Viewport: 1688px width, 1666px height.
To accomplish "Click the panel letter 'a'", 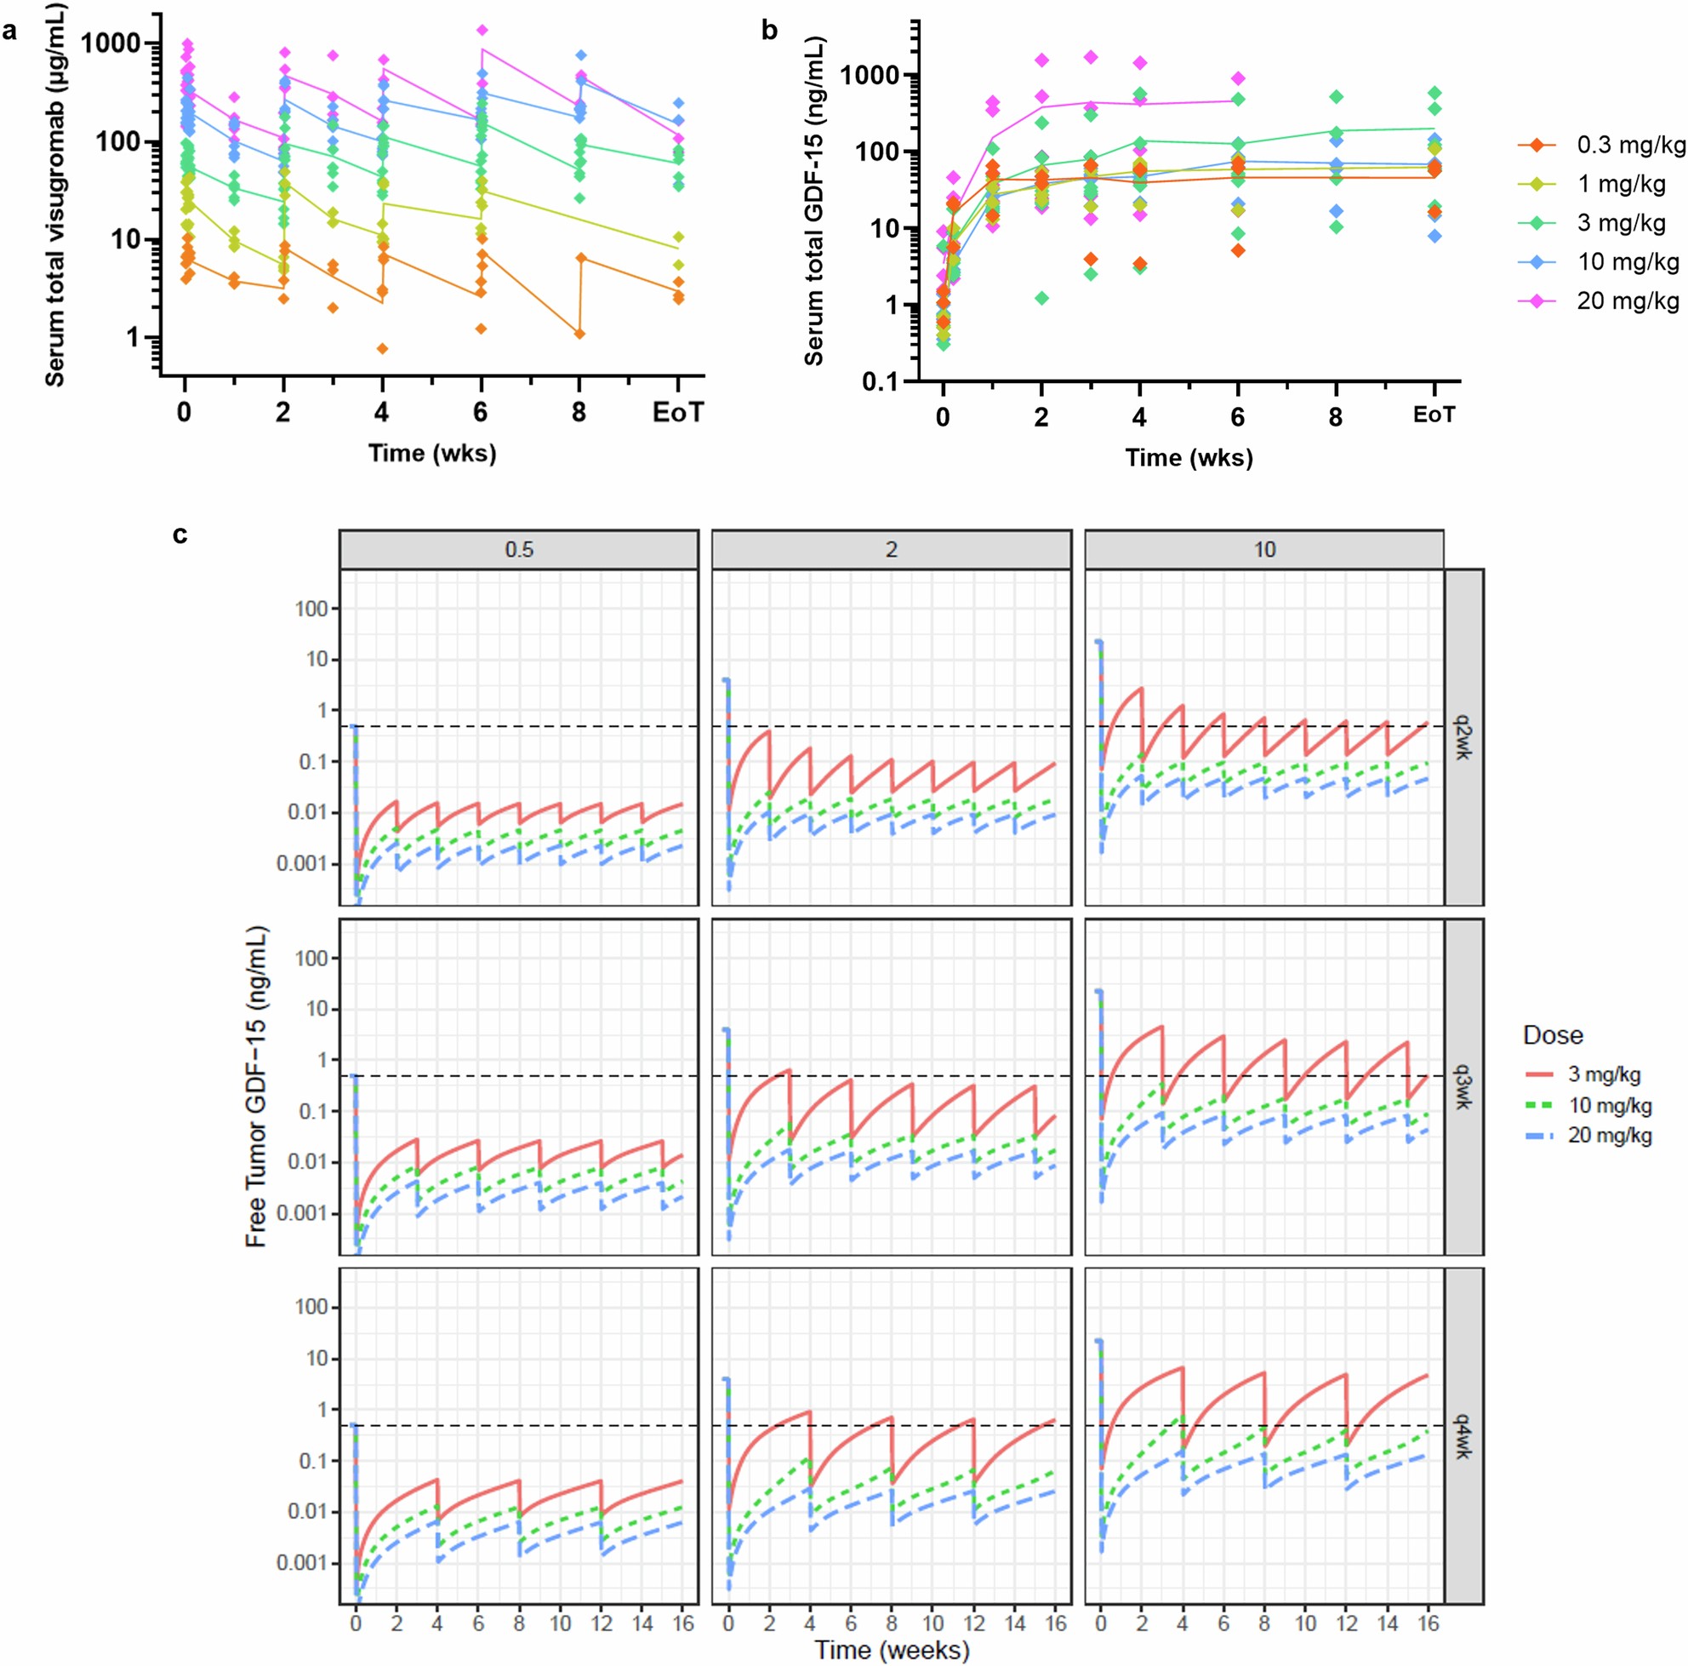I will pyautogui.click(x=9, y=32).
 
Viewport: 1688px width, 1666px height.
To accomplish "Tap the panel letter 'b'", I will pyautogui.click(x=769, y=31).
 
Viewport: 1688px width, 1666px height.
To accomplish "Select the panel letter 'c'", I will pyautogui.click(x=180, y=534).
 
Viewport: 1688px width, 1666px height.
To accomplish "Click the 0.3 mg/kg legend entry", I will pyautogui.click(x=1630, y=145).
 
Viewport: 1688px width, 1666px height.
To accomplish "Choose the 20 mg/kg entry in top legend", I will pyautogui.click(x=1628, y=301).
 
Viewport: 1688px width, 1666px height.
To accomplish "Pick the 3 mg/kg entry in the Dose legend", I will pyautogui.click(x=1603, y=1074).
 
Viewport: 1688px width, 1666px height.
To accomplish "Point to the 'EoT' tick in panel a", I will pyautogui.click(x=677, y=413).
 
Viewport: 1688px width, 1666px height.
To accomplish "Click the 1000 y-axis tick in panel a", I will pyautogui.click(x=117, y=43).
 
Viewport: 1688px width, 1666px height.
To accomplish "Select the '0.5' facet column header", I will pyautogui.click(x=519, y=550).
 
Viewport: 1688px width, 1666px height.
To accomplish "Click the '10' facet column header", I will pyautogui.click(x=1264, y=550).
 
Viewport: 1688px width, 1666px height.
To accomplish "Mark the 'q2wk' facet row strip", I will pyautogui.click(x=1463, y=737).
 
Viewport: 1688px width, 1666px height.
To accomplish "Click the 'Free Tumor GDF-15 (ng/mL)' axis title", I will pyautogui.click(x=256, y=1086).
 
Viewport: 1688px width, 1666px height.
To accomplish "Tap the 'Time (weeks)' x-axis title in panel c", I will pyautogui.click(x=892, y=1649).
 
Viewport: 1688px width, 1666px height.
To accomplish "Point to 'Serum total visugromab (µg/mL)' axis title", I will pyautogui.click(x=55, y=195).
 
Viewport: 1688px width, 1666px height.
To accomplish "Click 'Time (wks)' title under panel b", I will pyautogui.click(x=1189, y=457).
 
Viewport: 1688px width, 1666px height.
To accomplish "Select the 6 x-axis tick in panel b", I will pyautogui.click(x=1237, y=417).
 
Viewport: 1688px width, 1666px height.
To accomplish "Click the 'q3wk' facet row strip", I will pyautogui.click(x=1463, y=1086).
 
